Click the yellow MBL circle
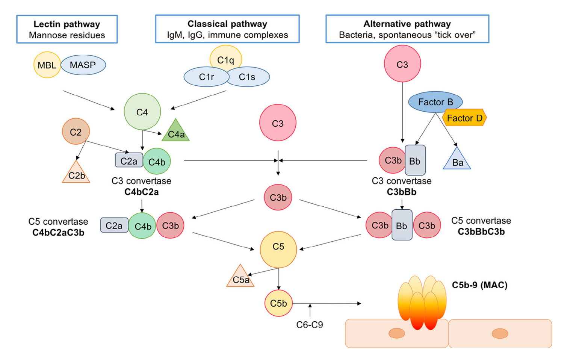pyautogui.click(x=47, y=65)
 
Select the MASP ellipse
pyautogui.click(x=83, y=65)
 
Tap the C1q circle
pyautogui.click(x=225, y=59)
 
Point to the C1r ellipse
pyautogui.click(x=206, y=77)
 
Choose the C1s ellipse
pyautogui.click(x=248, y=77)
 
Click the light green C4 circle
pyautogui.click(x=142, y=112)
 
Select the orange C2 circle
pyautogui.click(x=76, y=132)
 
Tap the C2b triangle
pyautogui.click(x=76, y=174)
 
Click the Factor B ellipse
pyautogui.click(x=435, y=102)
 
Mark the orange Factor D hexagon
pyautogui.click(x=464, y=118)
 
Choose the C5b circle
pyautogui.click(x=278, y=303)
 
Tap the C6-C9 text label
pyautogui.click(x=309, y=325)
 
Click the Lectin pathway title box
pyautogui.click(x=67, y=29)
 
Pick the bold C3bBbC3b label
pyautogui.click(x=481, y=232)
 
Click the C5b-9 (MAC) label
pyautogui.click(x=479, y=285)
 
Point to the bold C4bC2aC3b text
pyautogui.click(x=58, y=233)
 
